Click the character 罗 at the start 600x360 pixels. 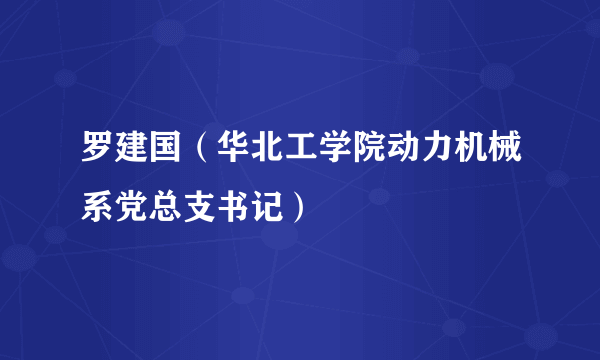(97, 157)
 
